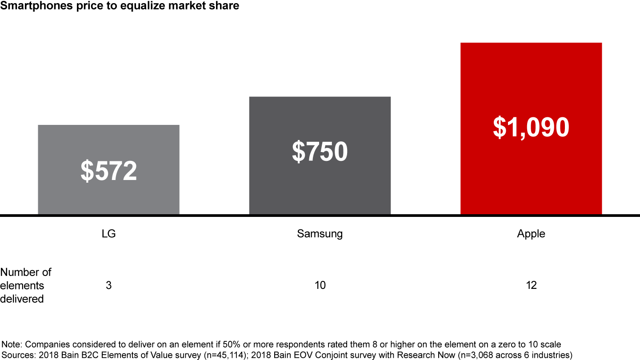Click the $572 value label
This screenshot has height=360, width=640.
108,171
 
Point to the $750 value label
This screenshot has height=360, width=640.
320,152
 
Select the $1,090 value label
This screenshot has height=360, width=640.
531,127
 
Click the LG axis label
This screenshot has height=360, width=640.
108,234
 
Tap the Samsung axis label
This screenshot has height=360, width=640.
320,234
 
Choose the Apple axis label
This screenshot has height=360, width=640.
531,234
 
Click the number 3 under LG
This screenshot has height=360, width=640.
108,285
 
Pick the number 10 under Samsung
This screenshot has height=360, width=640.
320,285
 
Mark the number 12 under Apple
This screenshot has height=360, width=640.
531,285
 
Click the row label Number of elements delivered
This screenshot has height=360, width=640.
25,285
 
